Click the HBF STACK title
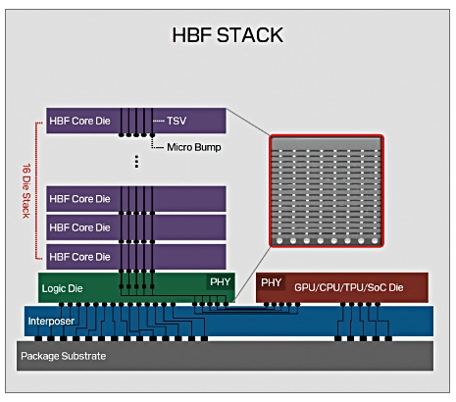(228, 35)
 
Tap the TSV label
(177, 121)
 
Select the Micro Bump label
(194, 147)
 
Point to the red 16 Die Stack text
(26, 191)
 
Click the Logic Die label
(62, 288)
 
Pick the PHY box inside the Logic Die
(220, 281)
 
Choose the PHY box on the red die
(272, 282)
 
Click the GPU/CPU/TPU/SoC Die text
(349, 287)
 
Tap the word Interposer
(51, 321)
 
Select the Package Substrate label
(64, 356)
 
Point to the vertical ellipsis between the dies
(136, 162)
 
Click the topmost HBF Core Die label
(79, 121)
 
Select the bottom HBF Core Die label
(79, 257)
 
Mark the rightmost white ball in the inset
(375, 241)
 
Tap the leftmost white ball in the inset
(279, 241)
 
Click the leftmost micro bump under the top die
(122, 135)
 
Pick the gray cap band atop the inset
(327, 143)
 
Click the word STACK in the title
(250, 35)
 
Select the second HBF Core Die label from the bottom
(79, 227)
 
